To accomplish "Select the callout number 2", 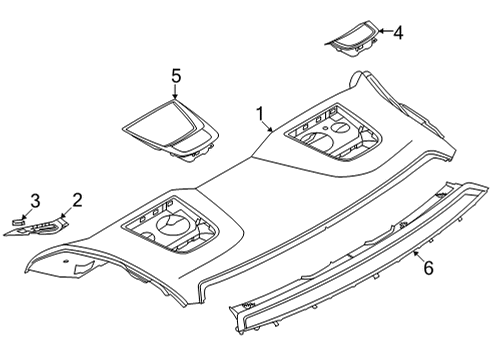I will pyautogui.click(x=77, y=201).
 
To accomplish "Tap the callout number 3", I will pyautogui.click(x=34, y=201).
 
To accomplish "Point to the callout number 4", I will pyautogui.click(x=398, y=33).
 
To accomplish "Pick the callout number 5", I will pyautogui.click(x=176, y=75).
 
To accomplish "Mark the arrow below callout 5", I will pyautogui.click(x=176, y=92).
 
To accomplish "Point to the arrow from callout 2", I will pyautogui.click(x=67, y=213).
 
